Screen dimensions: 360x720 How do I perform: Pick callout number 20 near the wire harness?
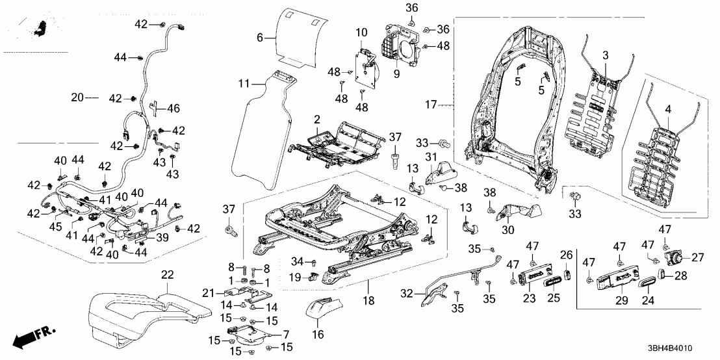[77, 98]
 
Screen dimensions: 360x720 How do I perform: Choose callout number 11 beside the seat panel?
[244, 83]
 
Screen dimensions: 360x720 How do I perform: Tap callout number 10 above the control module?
[361, 31]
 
